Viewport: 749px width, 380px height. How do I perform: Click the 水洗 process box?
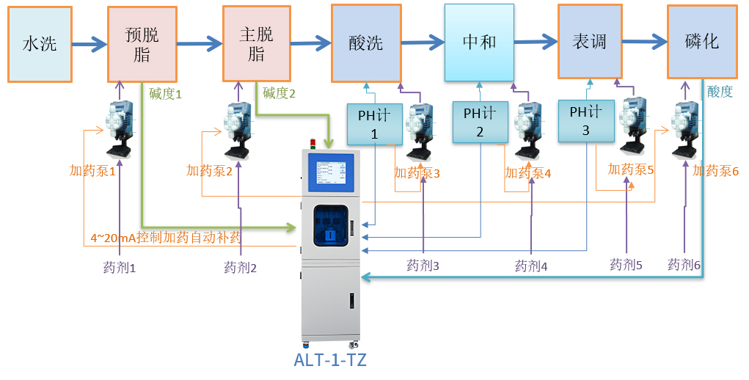tap(40, 44)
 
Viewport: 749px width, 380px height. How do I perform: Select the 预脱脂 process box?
tap(142, 44)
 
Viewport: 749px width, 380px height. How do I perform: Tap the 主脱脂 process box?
tap(257, 43)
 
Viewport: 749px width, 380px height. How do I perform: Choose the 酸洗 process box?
tap(366, 43)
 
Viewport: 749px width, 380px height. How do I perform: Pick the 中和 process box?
tap(479, 42)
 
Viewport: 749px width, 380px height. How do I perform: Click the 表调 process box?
tap(590, 41)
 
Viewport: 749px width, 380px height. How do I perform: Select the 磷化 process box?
tap(701, 42)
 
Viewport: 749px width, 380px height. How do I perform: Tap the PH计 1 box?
tap(374, 124)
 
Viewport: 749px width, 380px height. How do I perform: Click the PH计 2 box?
tap(480, 122)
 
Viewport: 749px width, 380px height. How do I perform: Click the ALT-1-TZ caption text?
tap(330, 360)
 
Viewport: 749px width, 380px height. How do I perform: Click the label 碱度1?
tap(165, 94)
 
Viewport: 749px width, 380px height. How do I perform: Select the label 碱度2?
tap(279, 93)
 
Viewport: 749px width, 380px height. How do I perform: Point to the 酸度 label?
tap(720, 92)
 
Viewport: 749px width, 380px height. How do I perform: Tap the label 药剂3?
tap(423, 265)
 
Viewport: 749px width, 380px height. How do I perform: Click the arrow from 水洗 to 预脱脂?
tap(89, 44)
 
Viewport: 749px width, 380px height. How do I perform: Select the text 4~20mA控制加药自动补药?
tap(166, 238)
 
